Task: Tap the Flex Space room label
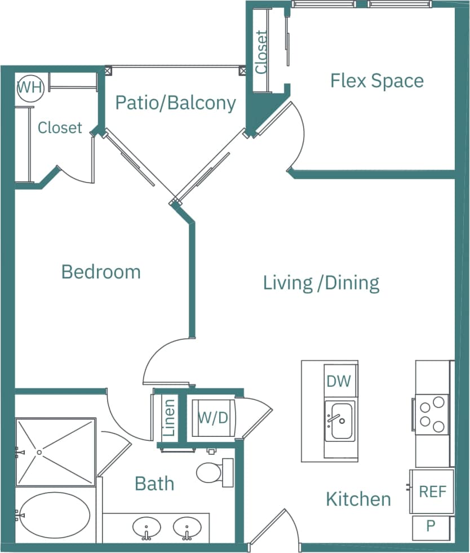[376, 81]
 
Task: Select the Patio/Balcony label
[175, 103]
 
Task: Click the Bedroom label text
[101, 272]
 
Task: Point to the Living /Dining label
[321, 282]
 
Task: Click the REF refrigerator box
[432, 492]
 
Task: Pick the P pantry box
[431, 527]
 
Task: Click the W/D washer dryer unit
[213, 418]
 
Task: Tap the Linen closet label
[169, 418]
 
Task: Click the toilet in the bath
[212, 472]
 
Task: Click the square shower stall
[55, 452]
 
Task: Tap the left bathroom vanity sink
[147, 528]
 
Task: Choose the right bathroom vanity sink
[187, 528]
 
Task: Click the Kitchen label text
[358, 499]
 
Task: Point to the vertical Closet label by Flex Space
[260, 52]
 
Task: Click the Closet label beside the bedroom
[60, 128]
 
